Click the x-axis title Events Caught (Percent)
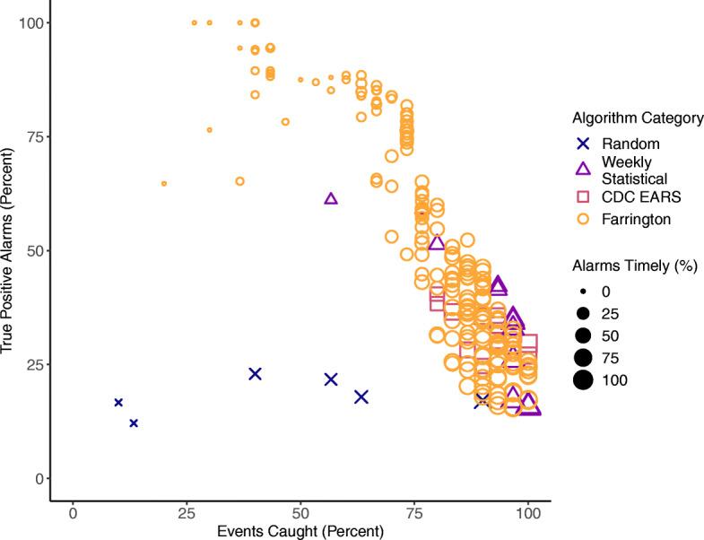pos(300,531)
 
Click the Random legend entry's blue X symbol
pos(582,144)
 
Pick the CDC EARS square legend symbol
pos(582,196)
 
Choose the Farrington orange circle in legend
pos(582,217)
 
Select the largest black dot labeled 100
pos(582,380)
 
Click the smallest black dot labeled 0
pos(582,292)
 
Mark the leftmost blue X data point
pos(118,403)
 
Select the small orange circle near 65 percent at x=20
pos(164,183)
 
